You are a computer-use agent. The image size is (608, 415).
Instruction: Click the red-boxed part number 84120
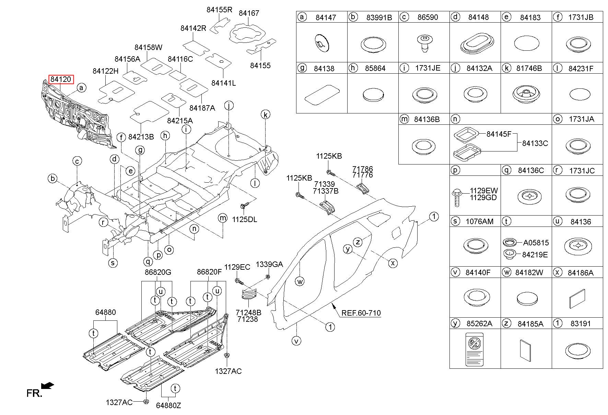(x=61, y=80)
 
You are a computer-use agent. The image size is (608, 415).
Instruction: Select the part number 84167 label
(x=249, y=13)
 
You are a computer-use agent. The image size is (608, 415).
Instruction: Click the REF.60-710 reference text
(x=361, y=313)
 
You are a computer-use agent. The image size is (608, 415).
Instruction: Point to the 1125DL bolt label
(x=244, y=219)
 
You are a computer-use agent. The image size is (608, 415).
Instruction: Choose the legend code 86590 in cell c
(x=428, y=17)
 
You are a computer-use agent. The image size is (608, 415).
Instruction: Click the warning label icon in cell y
(x=474, y=349)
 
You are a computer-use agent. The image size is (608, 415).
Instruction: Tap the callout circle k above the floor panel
(x=266, y=114)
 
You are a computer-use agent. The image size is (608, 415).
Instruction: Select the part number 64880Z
(x=168, y=405)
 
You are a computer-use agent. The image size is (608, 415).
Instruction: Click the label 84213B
(x=141, y=137)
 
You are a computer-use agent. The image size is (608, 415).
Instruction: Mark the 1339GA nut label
(x=269, y=264)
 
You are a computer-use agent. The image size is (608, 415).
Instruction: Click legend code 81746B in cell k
(x=529, y=68)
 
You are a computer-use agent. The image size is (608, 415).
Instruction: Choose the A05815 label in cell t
(x=536, y=243)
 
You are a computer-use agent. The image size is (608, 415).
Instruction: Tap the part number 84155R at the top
(x=219, y=10)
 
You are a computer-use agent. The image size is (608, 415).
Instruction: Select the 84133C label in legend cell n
(x=535, y=143)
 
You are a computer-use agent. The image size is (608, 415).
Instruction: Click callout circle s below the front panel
(x=113, y=263)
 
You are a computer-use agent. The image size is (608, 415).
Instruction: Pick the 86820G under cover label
(x=158, y=272)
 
